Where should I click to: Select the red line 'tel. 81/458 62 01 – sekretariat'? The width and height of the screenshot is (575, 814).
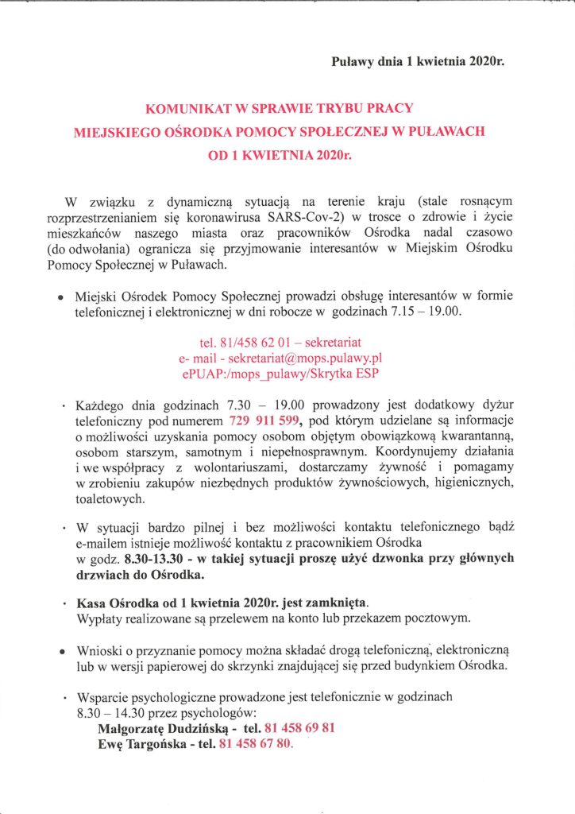281,342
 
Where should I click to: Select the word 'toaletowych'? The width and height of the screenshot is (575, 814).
110,499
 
